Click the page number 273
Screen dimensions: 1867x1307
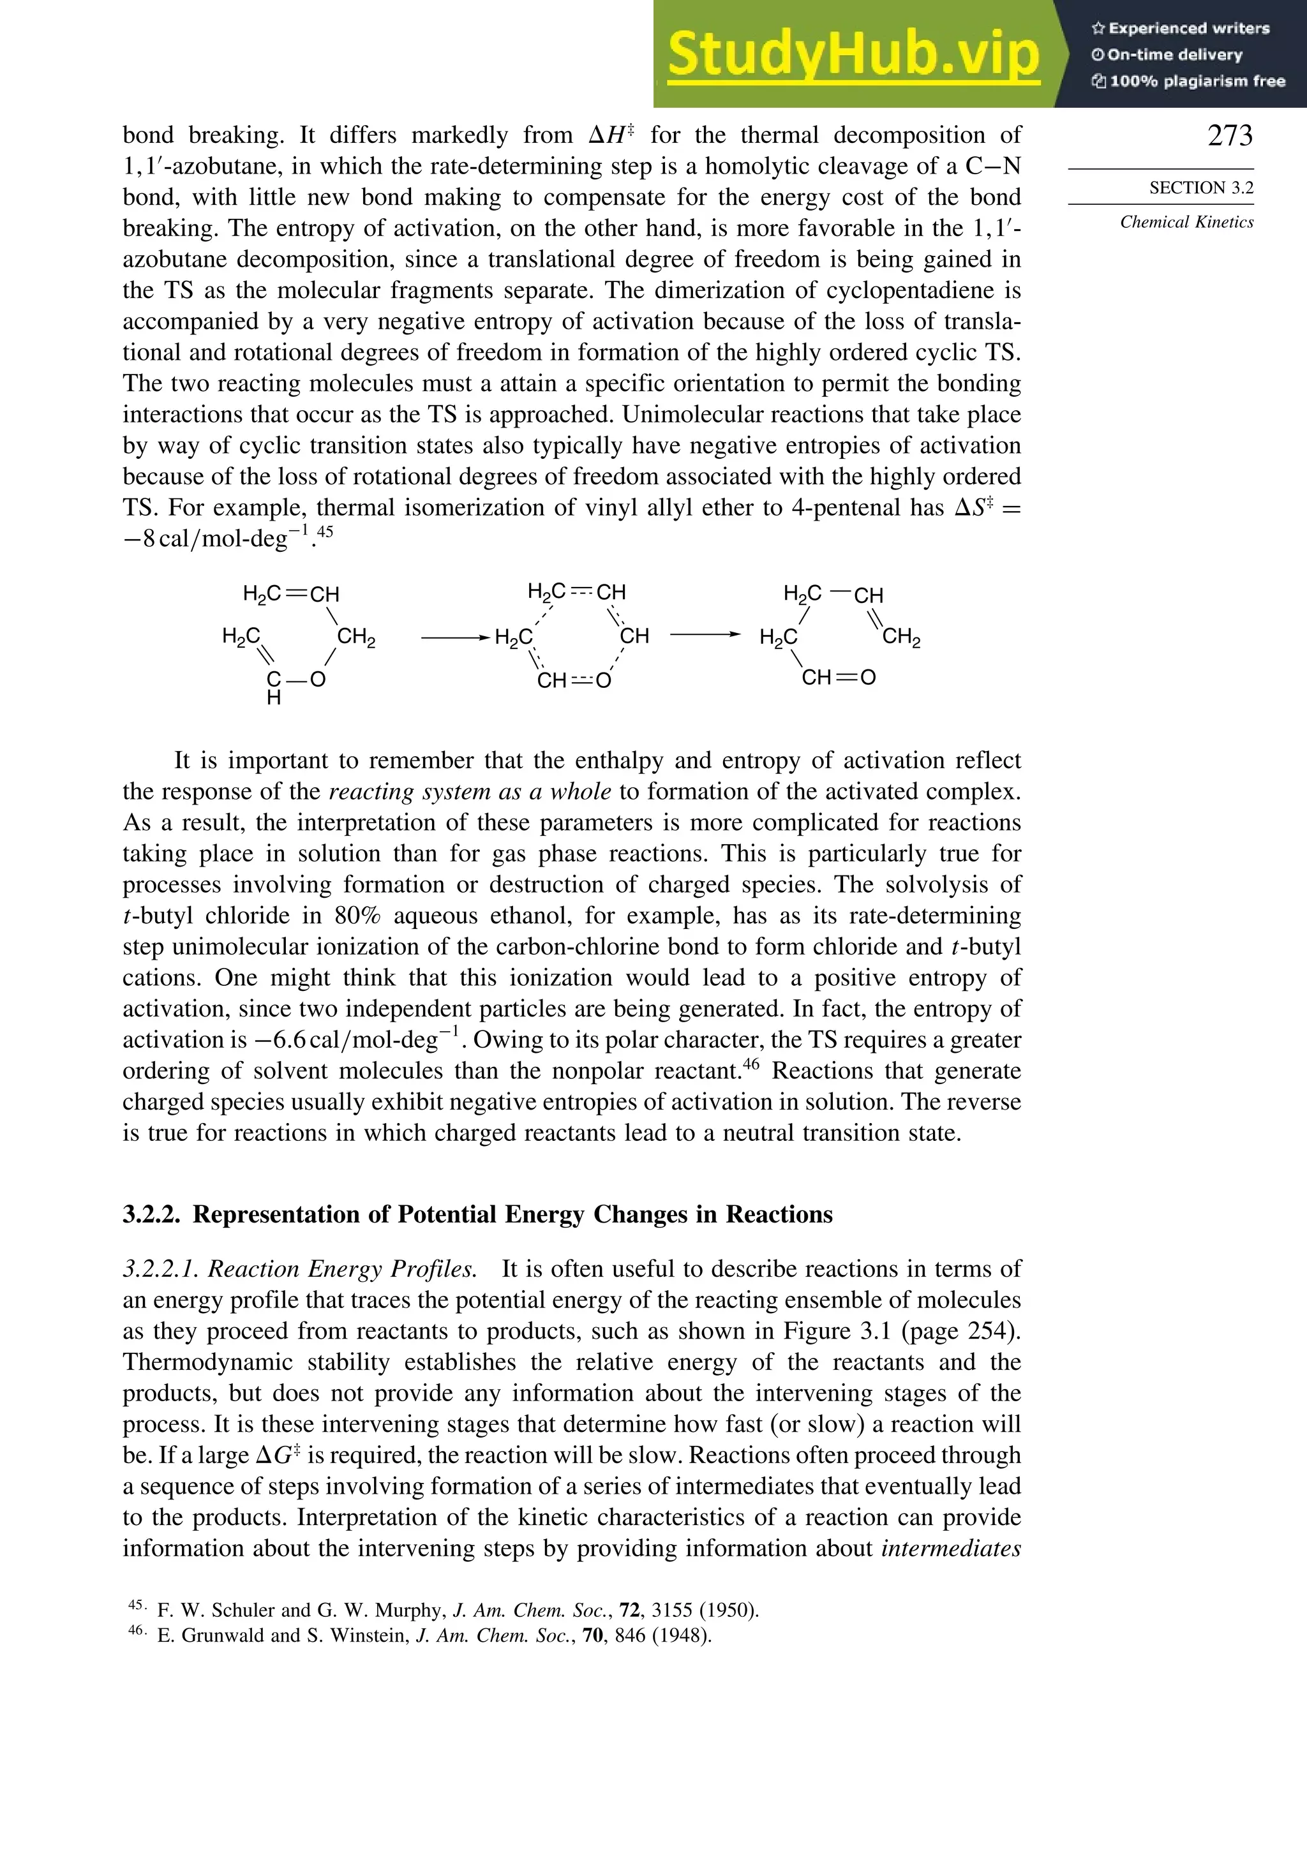(x=1230, y=136)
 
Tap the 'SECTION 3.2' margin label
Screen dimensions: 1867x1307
(x=1200, y=188)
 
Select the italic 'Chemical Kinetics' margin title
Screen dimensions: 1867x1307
(x=1186, y=222)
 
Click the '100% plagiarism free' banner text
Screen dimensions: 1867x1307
(x=1188, y=81)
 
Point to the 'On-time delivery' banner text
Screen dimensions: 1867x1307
(x=1167, y=54)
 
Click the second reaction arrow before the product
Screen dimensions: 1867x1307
(x=705, y=634)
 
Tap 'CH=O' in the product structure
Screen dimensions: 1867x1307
(x=838, y=678)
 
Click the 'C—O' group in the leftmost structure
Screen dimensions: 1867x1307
(x=296, y=680)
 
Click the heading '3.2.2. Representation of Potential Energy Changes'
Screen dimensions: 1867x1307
(x=477, y=1214)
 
